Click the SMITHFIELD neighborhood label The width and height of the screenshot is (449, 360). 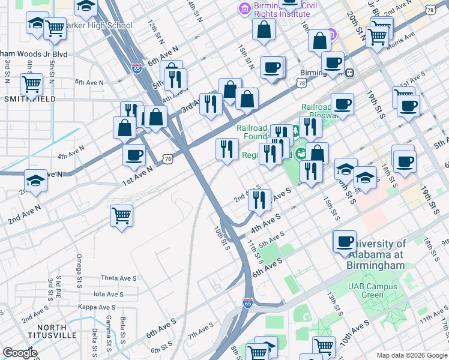[29, 99]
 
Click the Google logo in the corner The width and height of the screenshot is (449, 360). [20, 353]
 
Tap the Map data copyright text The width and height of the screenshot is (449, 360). [412, 355]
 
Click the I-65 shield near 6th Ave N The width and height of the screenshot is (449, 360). [137, 68]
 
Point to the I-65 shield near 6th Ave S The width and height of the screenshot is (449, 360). [247, 304]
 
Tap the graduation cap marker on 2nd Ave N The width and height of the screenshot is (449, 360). [35, 180]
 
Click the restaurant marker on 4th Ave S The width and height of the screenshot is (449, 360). [259, 198]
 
